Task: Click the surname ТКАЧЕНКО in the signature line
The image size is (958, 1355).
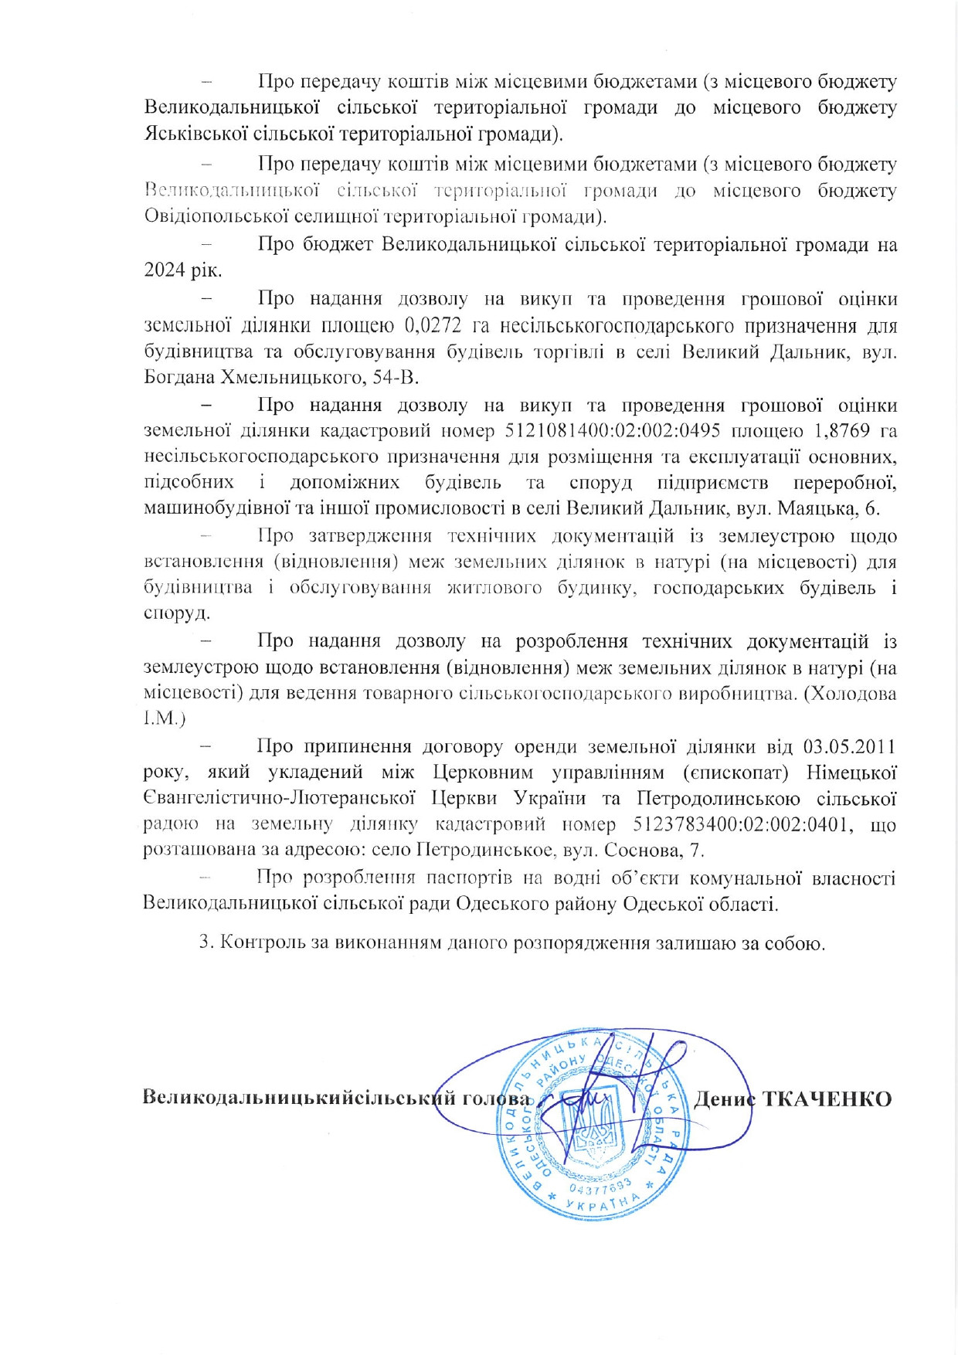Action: pyautogui.click(x=827, y=1099)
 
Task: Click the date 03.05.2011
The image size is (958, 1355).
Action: pyautogui.click(x=849, y=747)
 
